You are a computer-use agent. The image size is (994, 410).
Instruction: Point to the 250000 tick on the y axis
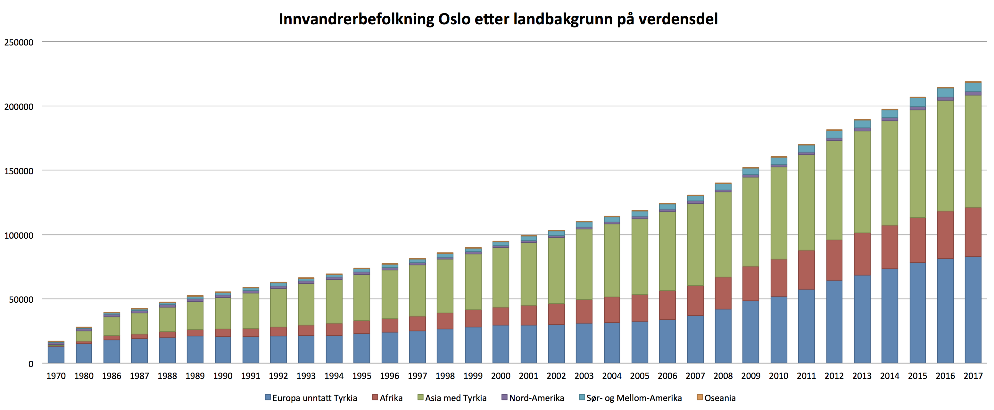[x=19, y=42]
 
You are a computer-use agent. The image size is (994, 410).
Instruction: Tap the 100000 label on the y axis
[x=19, y=235]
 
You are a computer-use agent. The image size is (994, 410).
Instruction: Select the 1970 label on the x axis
[x=56, y=376]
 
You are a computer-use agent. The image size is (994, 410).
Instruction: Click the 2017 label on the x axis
[x=973, y=376]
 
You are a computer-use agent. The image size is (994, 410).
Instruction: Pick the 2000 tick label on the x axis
[x=501, y=376]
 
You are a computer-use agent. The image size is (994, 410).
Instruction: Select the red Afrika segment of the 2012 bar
[x=834, y=260]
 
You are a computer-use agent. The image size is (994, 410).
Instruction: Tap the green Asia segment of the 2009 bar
[x=750, y=222]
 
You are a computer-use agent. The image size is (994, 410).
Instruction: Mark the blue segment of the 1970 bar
[x=56, y=355]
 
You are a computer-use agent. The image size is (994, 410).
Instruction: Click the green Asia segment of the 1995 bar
[x=361, y=297]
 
